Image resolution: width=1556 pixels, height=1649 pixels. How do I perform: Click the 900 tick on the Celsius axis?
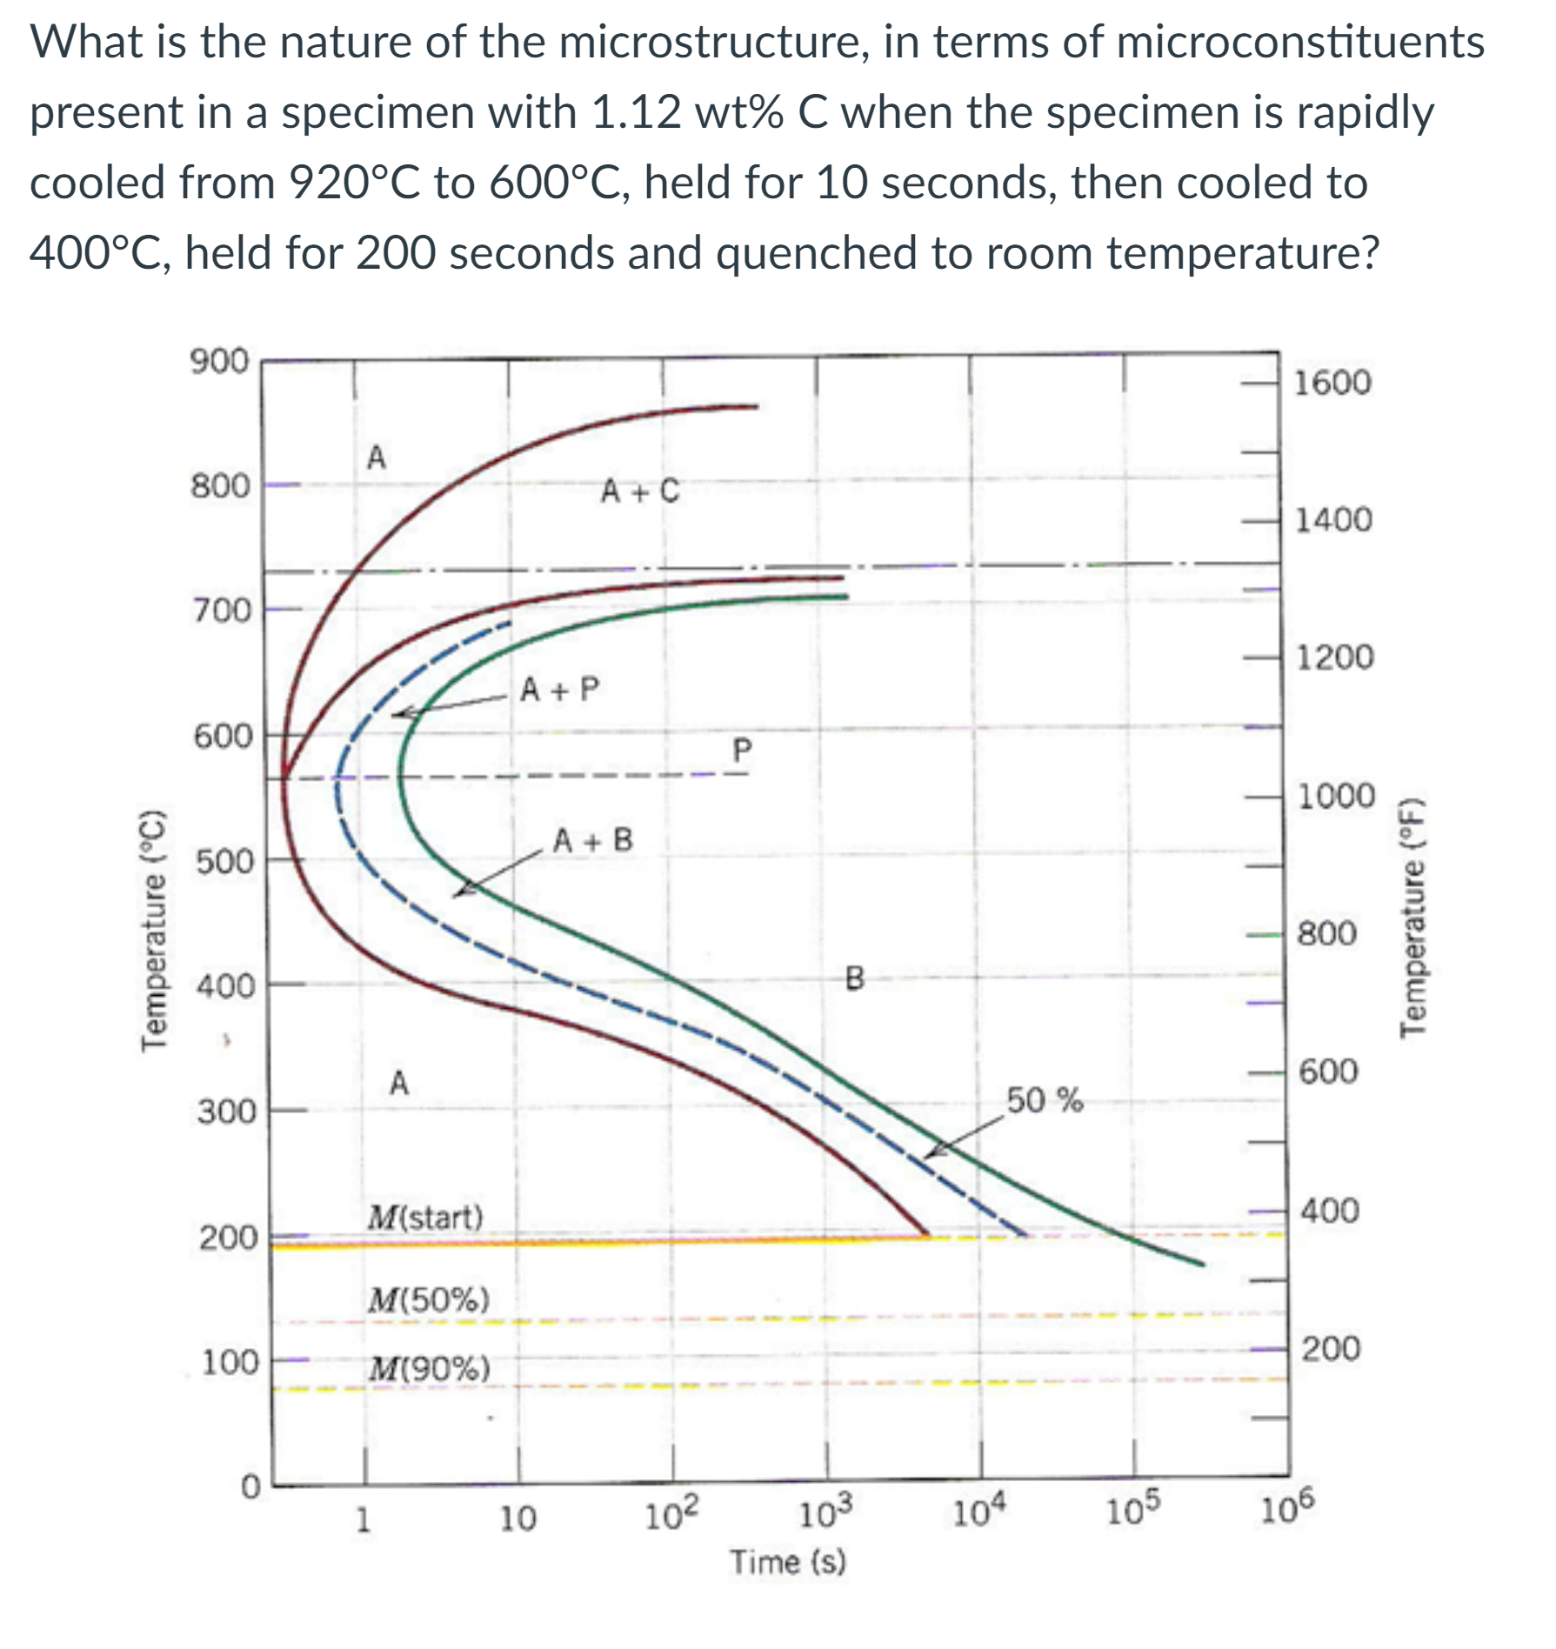click(x=220, y=361)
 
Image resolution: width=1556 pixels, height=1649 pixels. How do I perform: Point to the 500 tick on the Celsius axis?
click(x=224, y=862)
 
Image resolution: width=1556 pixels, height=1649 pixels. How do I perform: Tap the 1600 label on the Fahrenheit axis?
click(x=1332, y=383)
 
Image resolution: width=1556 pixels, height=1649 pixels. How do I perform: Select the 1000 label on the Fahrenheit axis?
click(x=1336, y=796)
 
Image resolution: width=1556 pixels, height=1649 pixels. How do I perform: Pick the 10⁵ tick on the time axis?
click(x=1134, y=1514)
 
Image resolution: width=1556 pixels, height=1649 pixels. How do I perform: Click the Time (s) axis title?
click(x=787, y=1561)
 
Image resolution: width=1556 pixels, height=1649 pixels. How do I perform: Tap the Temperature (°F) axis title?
click(x=1414, y=917)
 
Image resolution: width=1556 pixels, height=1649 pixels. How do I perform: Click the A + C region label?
click(x=640, y=491)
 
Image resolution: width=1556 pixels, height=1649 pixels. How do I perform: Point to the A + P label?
click(x=559, y=690)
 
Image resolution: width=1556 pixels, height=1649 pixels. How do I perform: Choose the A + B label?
click(x=593, y=840)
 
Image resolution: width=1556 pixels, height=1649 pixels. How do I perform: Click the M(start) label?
click(x=424, y=1216)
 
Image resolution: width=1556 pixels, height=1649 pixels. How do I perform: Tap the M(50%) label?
click(x=428, y=1299)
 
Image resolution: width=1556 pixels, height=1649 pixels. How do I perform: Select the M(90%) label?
click(x=428, y=1369)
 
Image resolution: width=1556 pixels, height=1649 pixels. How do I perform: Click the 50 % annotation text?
click(x=1045, y=1100)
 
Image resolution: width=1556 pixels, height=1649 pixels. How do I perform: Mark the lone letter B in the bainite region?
click(x=855, y=979)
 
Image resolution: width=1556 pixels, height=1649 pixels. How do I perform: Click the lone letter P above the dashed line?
click(x=741, y=750)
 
